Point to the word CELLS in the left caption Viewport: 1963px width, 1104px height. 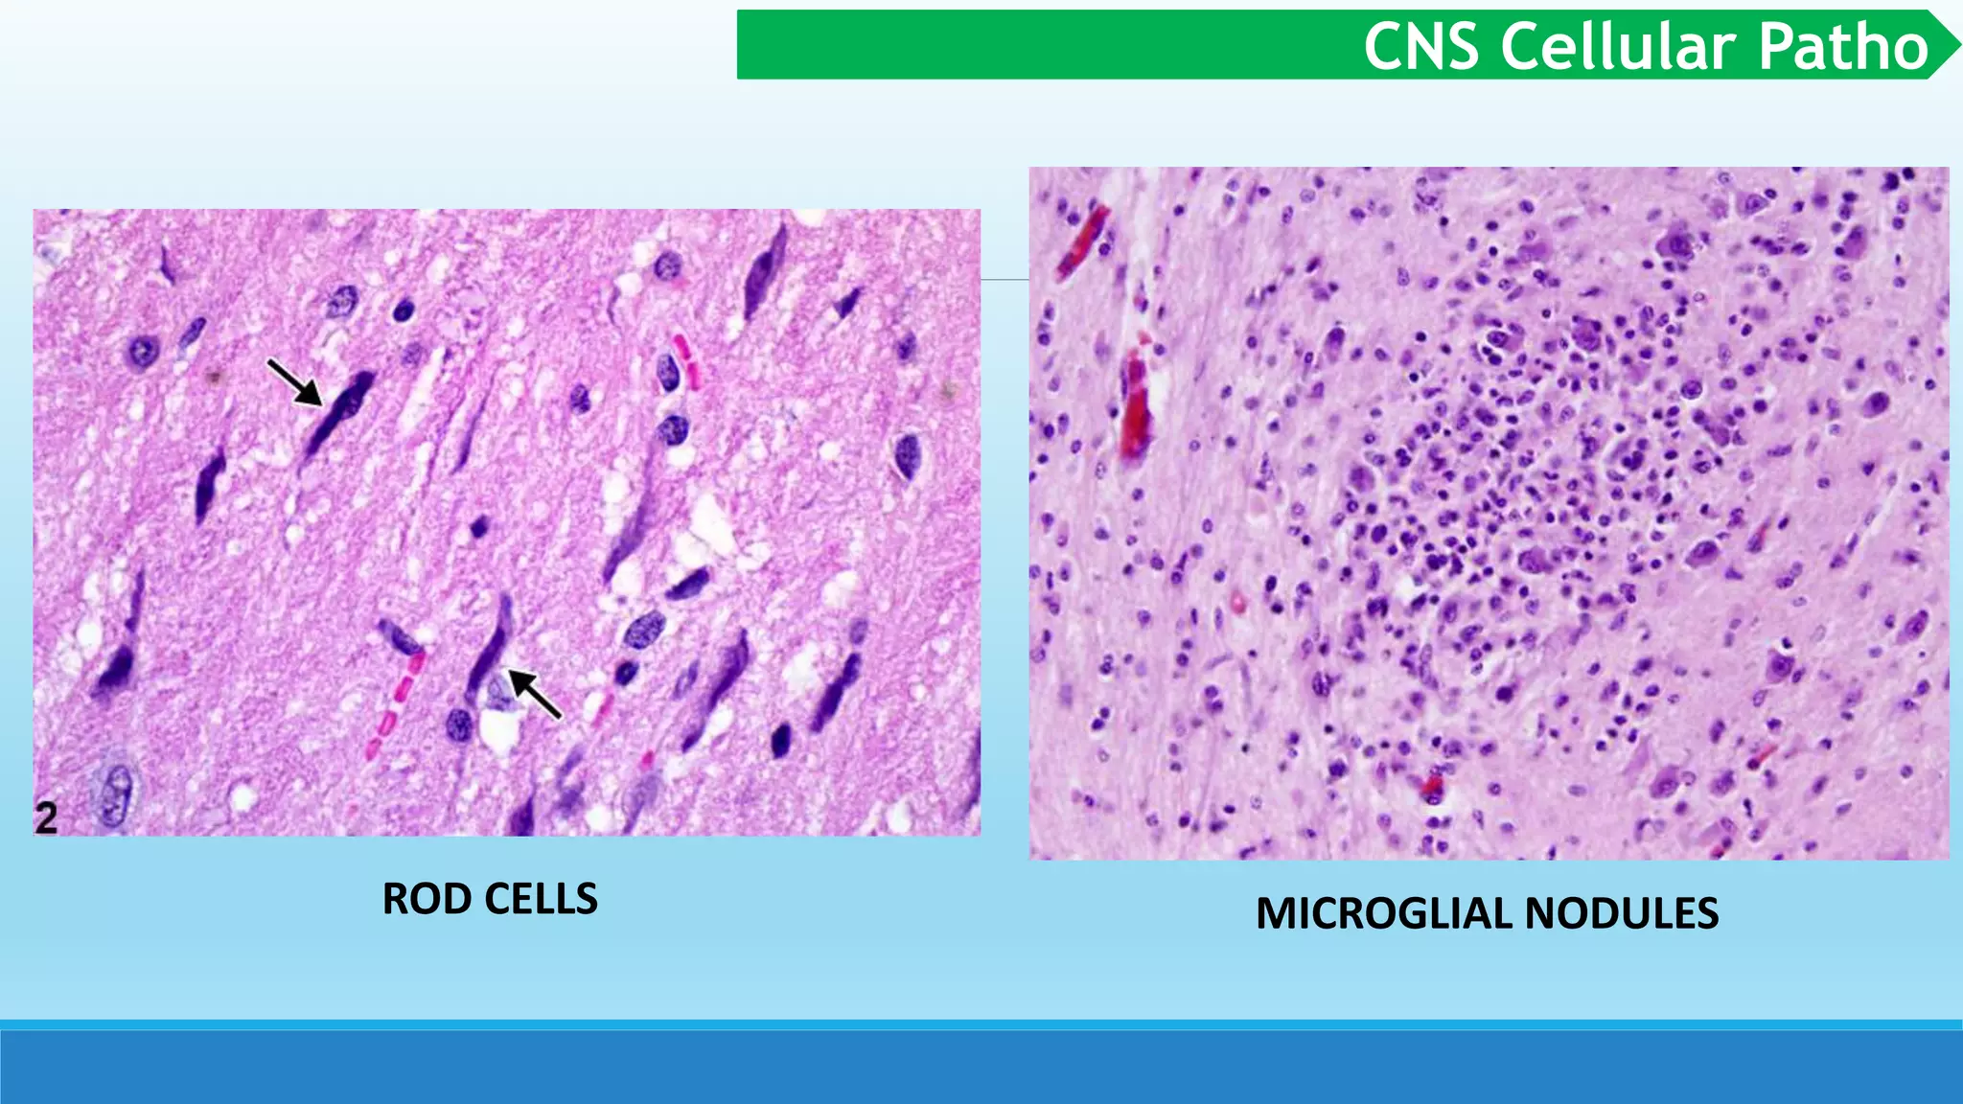pos(542,899)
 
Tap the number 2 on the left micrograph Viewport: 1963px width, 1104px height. pos(46,818)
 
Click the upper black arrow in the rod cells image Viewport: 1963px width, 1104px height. pos(293,381)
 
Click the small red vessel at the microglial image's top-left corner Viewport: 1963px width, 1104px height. pos(1083,240)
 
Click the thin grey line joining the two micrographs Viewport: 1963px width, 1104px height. pos(1005,280)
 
